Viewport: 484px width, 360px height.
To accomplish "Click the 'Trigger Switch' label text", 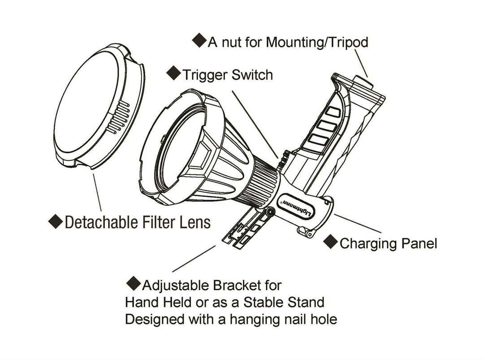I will [227, 74].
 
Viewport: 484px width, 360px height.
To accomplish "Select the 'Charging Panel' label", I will [388, 244].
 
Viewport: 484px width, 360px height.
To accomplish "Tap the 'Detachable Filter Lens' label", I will [138, 222].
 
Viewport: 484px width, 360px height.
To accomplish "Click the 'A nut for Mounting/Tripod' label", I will [288, 43].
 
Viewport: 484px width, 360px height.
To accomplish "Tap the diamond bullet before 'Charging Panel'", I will [331, 242].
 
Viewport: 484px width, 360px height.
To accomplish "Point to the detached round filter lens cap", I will [90, 107].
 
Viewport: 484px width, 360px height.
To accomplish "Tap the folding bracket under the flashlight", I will [244, 228].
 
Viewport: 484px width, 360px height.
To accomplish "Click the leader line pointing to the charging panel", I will [357, 223].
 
